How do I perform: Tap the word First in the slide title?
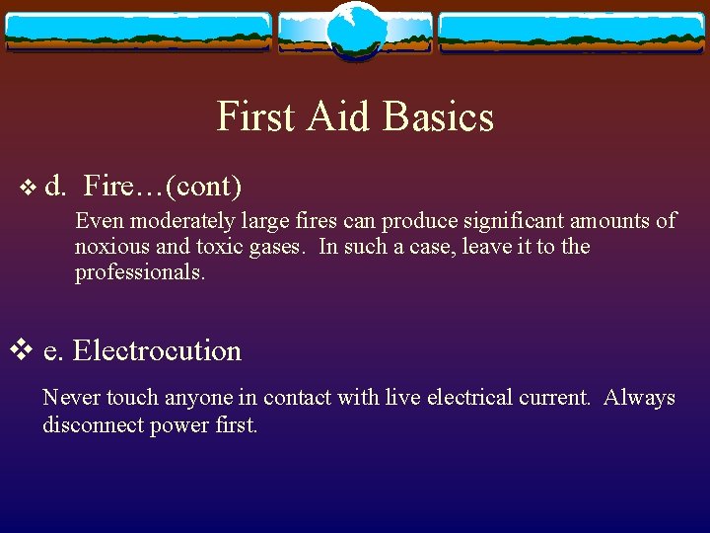[256, 116]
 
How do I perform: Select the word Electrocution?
[157, 350]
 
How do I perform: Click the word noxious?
[109, 247]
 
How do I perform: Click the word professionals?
[140, 272]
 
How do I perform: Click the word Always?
[639, 398]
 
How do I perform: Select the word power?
[177, 425]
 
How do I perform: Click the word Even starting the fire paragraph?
[97, 220]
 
